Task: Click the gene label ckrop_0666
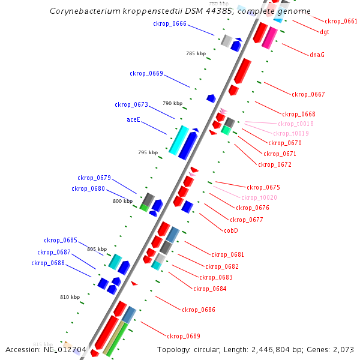[170, 24]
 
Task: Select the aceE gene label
[133, 119]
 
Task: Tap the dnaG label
[317, 55]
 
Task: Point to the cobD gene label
[231, 230]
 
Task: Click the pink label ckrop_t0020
[259, 197]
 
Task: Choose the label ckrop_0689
[184, 336]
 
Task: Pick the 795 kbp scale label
[148, 152]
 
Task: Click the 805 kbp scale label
[97, 249]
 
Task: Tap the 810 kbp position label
[70, 297]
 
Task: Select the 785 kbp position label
[196, 53]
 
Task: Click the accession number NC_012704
[65, 349]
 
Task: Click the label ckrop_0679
[94, 178]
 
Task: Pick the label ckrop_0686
[199, 310]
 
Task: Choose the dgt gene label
[324, 32]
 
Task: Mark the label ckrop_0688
[48, 263]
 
